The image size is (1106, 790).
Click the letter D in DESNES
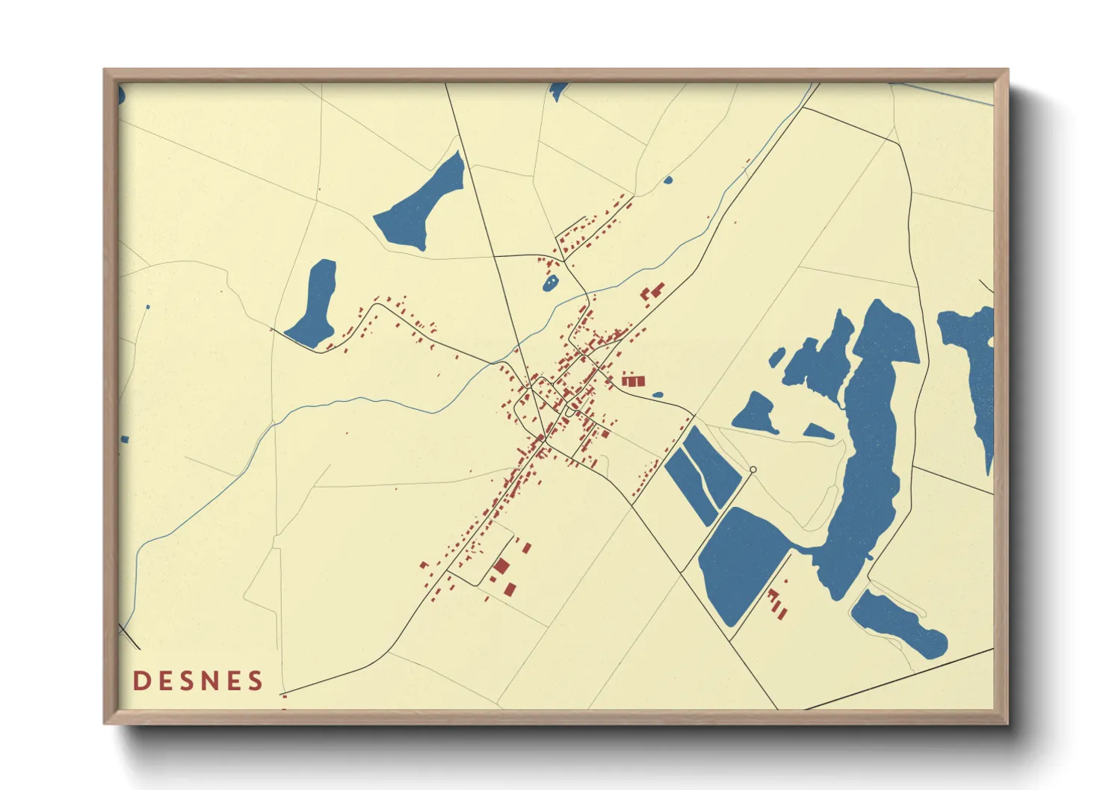tap(140, 681)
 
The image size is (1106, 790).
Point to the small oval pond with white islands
tap(551, 283)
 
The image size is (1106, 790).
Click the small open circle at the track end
tap(753, 470)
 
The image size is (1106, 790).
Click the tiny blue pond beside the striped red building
tap(658, 395)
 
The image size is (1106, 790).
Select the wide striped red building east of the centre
tap(632, 381)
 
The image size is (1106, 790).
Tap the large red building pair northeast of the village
tap(652, 291)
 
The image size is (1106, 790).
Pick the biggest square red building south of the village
tap(501, 565)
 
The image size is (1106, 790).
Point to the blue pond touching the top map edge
tap(557, 91)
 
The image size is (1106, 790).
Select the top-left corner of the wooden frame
tap(105, 71)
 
